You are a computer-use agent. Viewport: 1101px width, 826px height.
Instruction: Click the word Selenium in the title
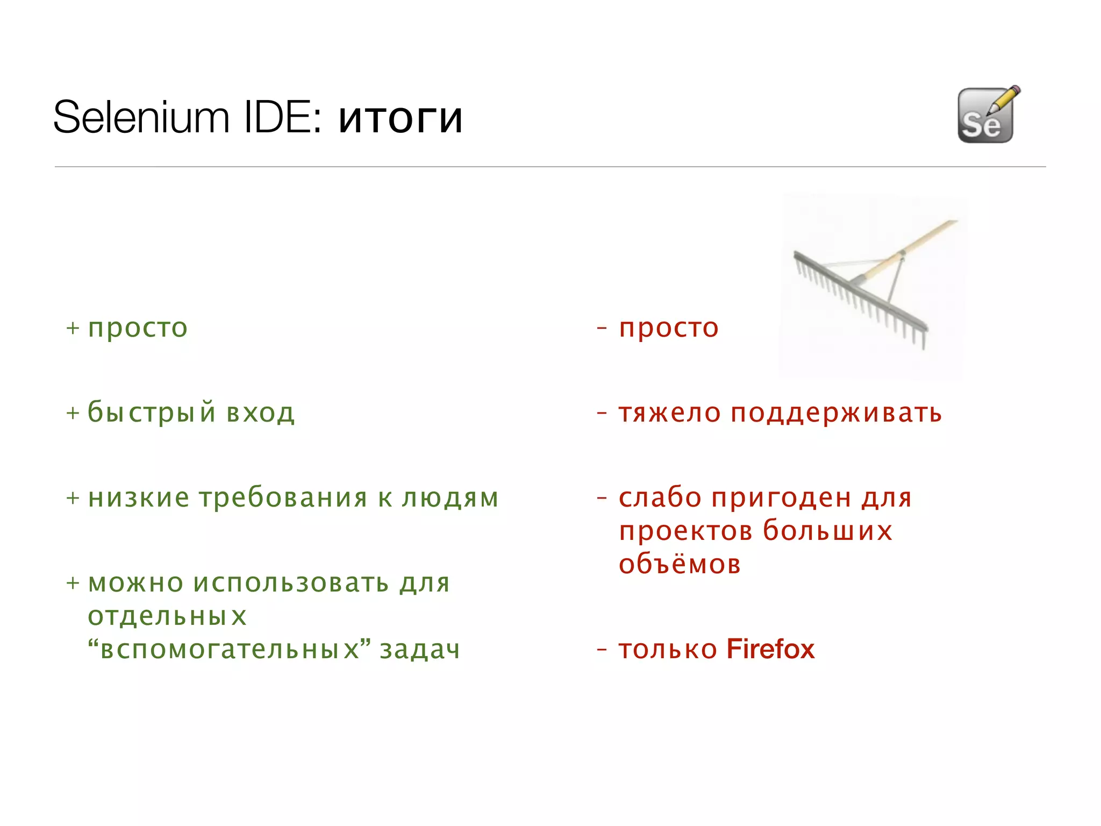click(141, 117)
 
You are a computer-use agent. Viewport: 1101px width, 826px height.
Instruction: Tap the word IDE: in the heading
click(283, 117)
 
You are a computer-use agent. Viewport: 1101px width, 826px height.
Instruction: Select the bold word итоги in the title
click(401, 118)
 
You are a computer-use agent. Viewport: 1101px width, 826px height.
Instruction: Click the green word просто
click(138, 328)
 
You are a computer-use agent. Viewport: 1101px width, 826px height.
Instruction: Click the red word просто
click(668, 328)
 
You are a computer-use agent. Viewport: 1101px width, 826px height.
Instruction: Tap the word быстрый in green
click(152, 413)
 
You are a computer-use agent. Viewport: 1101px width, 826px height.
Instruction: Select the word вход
click(261, 413)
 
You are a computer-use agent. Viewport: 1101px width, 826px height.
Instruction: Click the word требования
click(284, 497)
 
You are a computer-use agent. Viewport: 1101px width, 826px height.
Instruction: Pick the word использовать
click(291, 583)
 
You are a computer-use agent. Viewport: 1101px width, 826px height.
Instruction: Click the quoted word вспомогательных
click(230, 649)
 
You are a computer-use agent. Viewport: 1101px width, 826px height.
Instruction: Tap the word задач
click(420, 649)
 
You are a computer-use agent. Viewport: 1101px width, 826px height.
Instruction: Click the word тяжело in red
click(669, 413)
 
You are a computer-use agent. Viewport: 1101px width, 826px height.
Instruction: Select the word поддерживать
click(836, 413)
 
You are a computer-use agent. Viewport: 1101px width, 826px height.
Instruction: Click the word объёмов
click(680, 564)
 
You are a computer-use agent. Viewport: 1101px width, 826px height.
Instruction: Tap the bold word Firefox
click(770, 649)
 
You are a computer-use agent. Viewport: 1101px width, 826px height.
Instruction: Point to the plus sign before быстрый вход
click(73, 413)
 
